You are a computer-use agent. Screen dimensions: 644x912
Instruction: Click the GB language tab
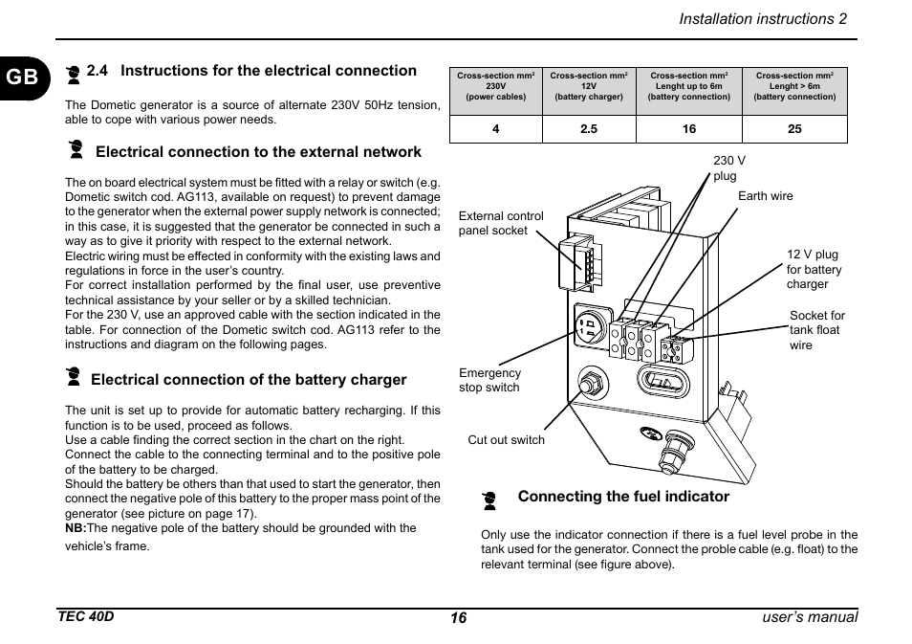24,77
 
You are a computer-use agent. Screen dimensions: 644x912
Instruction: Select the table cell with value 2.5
589,129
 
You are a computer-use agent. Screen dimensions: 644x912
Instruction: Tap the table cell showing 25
794,129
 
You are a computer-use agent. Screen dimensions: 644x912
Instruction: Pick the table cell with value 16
689,129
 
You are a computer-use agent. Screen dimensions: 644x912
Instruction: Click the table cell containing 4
496,129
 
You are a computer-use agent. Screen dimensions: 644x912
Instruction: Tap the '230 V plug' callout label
728,168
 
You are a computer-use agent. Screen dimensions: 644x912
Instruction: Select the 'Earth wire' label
765,196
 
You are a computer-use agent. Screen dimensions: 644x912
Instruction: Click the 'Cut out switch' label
506,440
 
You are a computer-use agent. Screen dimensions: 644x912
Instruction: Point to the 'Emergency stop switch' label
489,380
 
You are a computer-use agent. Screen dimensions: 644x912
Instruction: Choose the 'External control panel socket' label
501,223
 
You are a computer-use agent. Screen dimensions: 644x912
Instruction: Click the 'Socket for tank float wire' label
816,330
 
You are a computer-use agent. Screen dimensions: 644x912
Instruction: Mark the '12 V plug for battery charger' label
814,270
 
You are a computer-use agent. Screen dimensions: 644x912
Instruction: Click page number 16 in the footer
459,618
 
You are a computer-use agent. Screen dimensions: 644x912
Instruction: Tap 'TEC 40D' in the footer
85,616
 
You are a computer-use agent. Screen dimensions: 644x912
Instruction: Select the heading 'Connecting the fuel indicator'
623,497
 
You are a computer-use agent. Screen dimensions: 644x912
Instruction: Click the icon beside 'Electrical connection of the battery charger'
74,377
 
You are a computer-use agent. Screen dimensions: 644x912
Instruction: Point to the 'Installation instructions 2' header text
763,19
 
